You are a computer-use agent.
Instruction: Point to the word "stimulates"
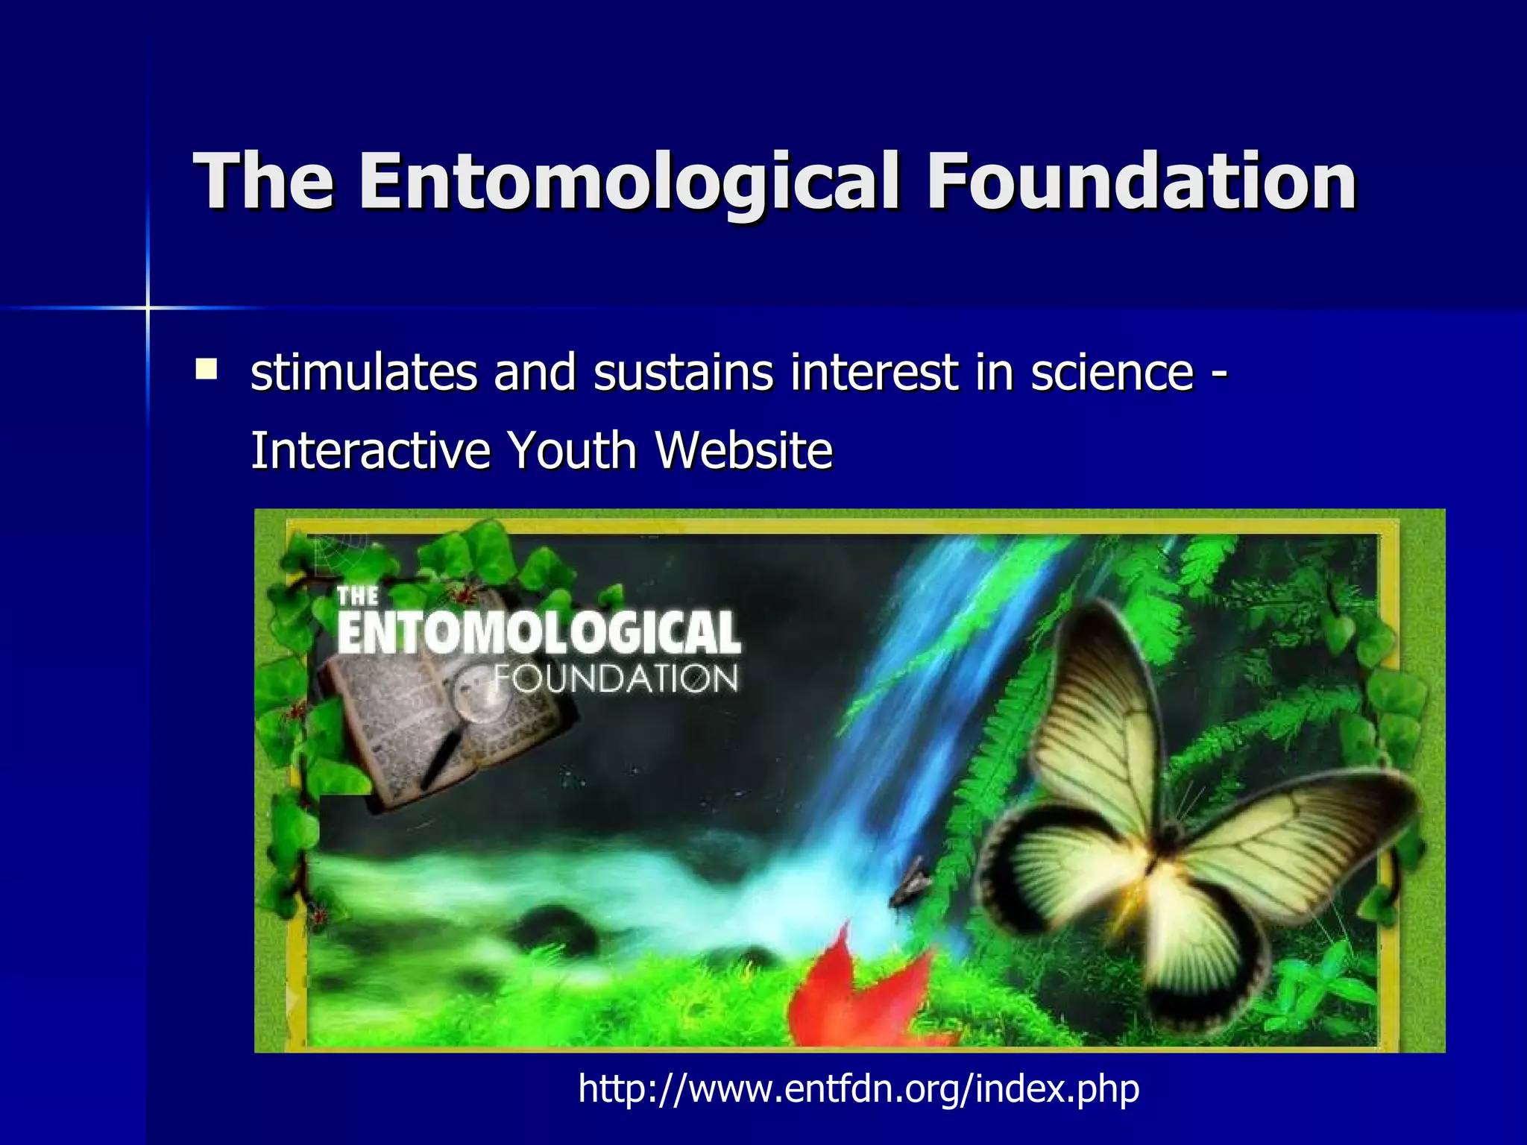point(364,372)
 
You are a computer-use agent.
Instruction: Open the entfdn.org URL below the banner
point(858,1088)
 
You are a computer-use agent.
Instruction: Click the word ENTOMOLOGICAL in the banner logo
point(538,633)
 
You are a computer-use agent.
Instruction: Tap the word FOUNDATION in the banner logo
point(616,679)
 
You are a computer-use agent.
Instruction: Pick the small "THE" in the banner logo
point(358,596)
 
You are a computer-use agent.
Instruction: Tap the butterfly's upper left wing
point(1096,716)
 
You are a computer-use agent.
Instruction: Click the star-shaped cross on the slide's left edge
point(148,307)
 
